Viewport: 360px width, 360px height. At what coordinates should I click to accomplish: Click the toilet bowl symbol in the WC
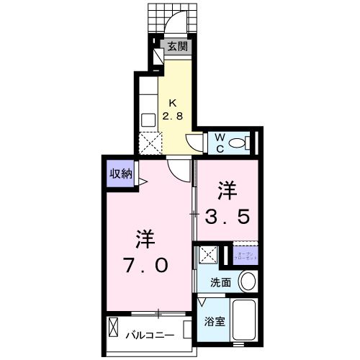(x=241, y=142)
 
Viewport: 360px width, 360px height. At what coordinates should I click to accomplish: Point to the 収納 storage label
(x=121, y=173)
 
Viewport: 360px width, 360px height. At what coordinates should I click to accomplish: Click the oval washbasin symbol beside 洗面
(x=247, y=280)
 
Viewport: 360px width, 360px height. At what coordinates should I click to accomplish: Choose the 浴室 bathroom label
(x=215, y=322)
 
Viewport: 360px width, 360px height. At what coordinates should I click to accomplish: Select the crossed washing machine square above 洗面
(x=207, y=254)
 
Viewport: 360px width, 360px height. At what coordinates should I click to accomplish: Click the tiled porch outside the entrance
(x=173, y=18)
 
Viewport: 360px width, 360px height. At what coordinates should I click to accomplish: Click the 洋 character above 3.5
(x=228, y=190)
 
